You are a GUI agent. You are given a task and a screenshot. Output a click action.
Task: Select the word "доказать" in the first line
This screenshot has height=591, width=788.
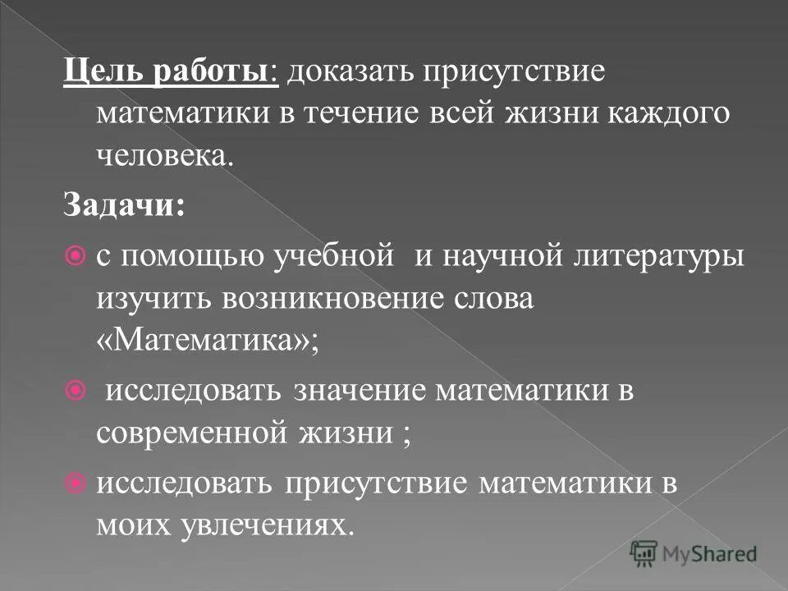[x=346, y=71]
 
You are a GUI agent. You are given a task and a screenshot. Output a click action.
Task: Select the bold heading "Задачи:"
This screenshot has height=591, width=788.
[x=125, y=204]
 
